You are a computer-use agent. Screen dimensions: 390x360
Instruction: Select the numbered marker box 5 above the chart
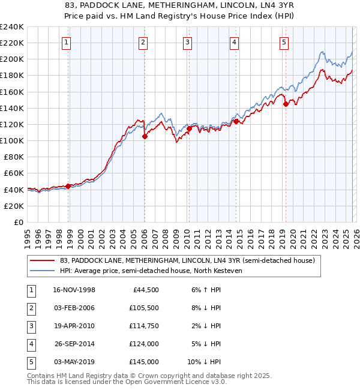point(283,42)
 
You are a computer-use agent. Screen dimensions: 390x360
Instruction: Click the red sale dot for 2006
point(145,136)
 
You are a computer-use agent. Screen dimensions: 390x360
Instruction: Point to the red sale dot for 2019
point(286,104)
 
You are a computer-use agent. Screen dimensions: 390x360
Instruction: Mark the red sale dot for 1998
point(68,186)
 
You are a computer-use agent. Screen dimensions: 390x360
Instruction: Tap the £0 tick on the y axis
point(19,222)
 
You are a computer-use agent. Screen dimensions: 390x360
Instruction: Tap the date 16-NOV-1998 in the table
point(74,290)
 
